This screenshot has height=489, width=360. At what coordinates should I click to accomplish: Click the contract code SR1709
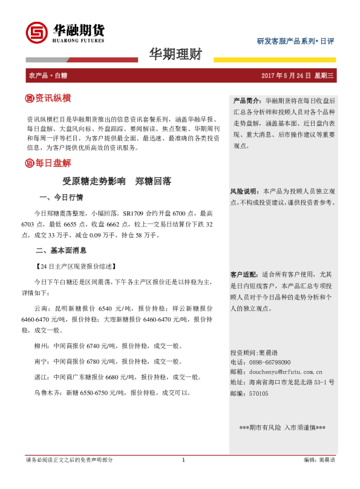(136, 214)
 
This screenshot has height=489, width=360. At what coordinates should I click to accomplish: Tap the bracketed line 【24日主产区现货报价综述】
(76, 266)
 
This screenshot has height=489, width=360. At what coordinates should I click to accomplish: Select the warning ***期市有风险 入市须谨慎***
(283, 428)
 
